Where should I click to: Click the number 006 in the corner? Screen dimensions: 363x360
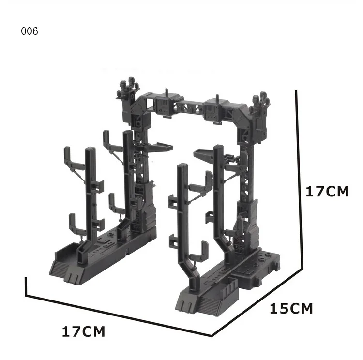(30, 31)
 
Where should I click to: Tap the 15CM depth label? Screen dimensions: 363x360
(291, 309)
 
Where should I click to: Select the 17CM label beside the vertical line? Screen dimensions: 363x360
(327, 192)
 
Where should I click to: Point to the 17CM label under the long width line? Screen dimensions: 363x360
(83, 331)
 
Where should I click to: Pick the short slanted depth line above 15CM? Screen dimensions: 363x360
(257, 302)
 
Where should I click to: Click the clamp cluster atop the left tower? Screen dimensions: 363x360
(128, 88)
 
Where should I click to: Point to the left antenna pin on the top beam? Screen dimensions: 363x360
(166, 92)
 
